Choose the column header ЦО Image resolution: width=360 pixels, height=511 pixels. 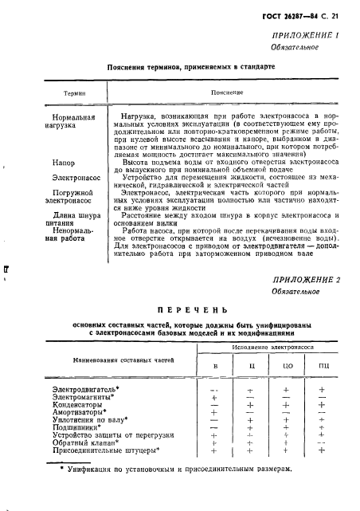(288, 368)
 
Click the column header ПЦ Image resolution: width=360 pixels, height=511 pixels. (323, 368)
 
